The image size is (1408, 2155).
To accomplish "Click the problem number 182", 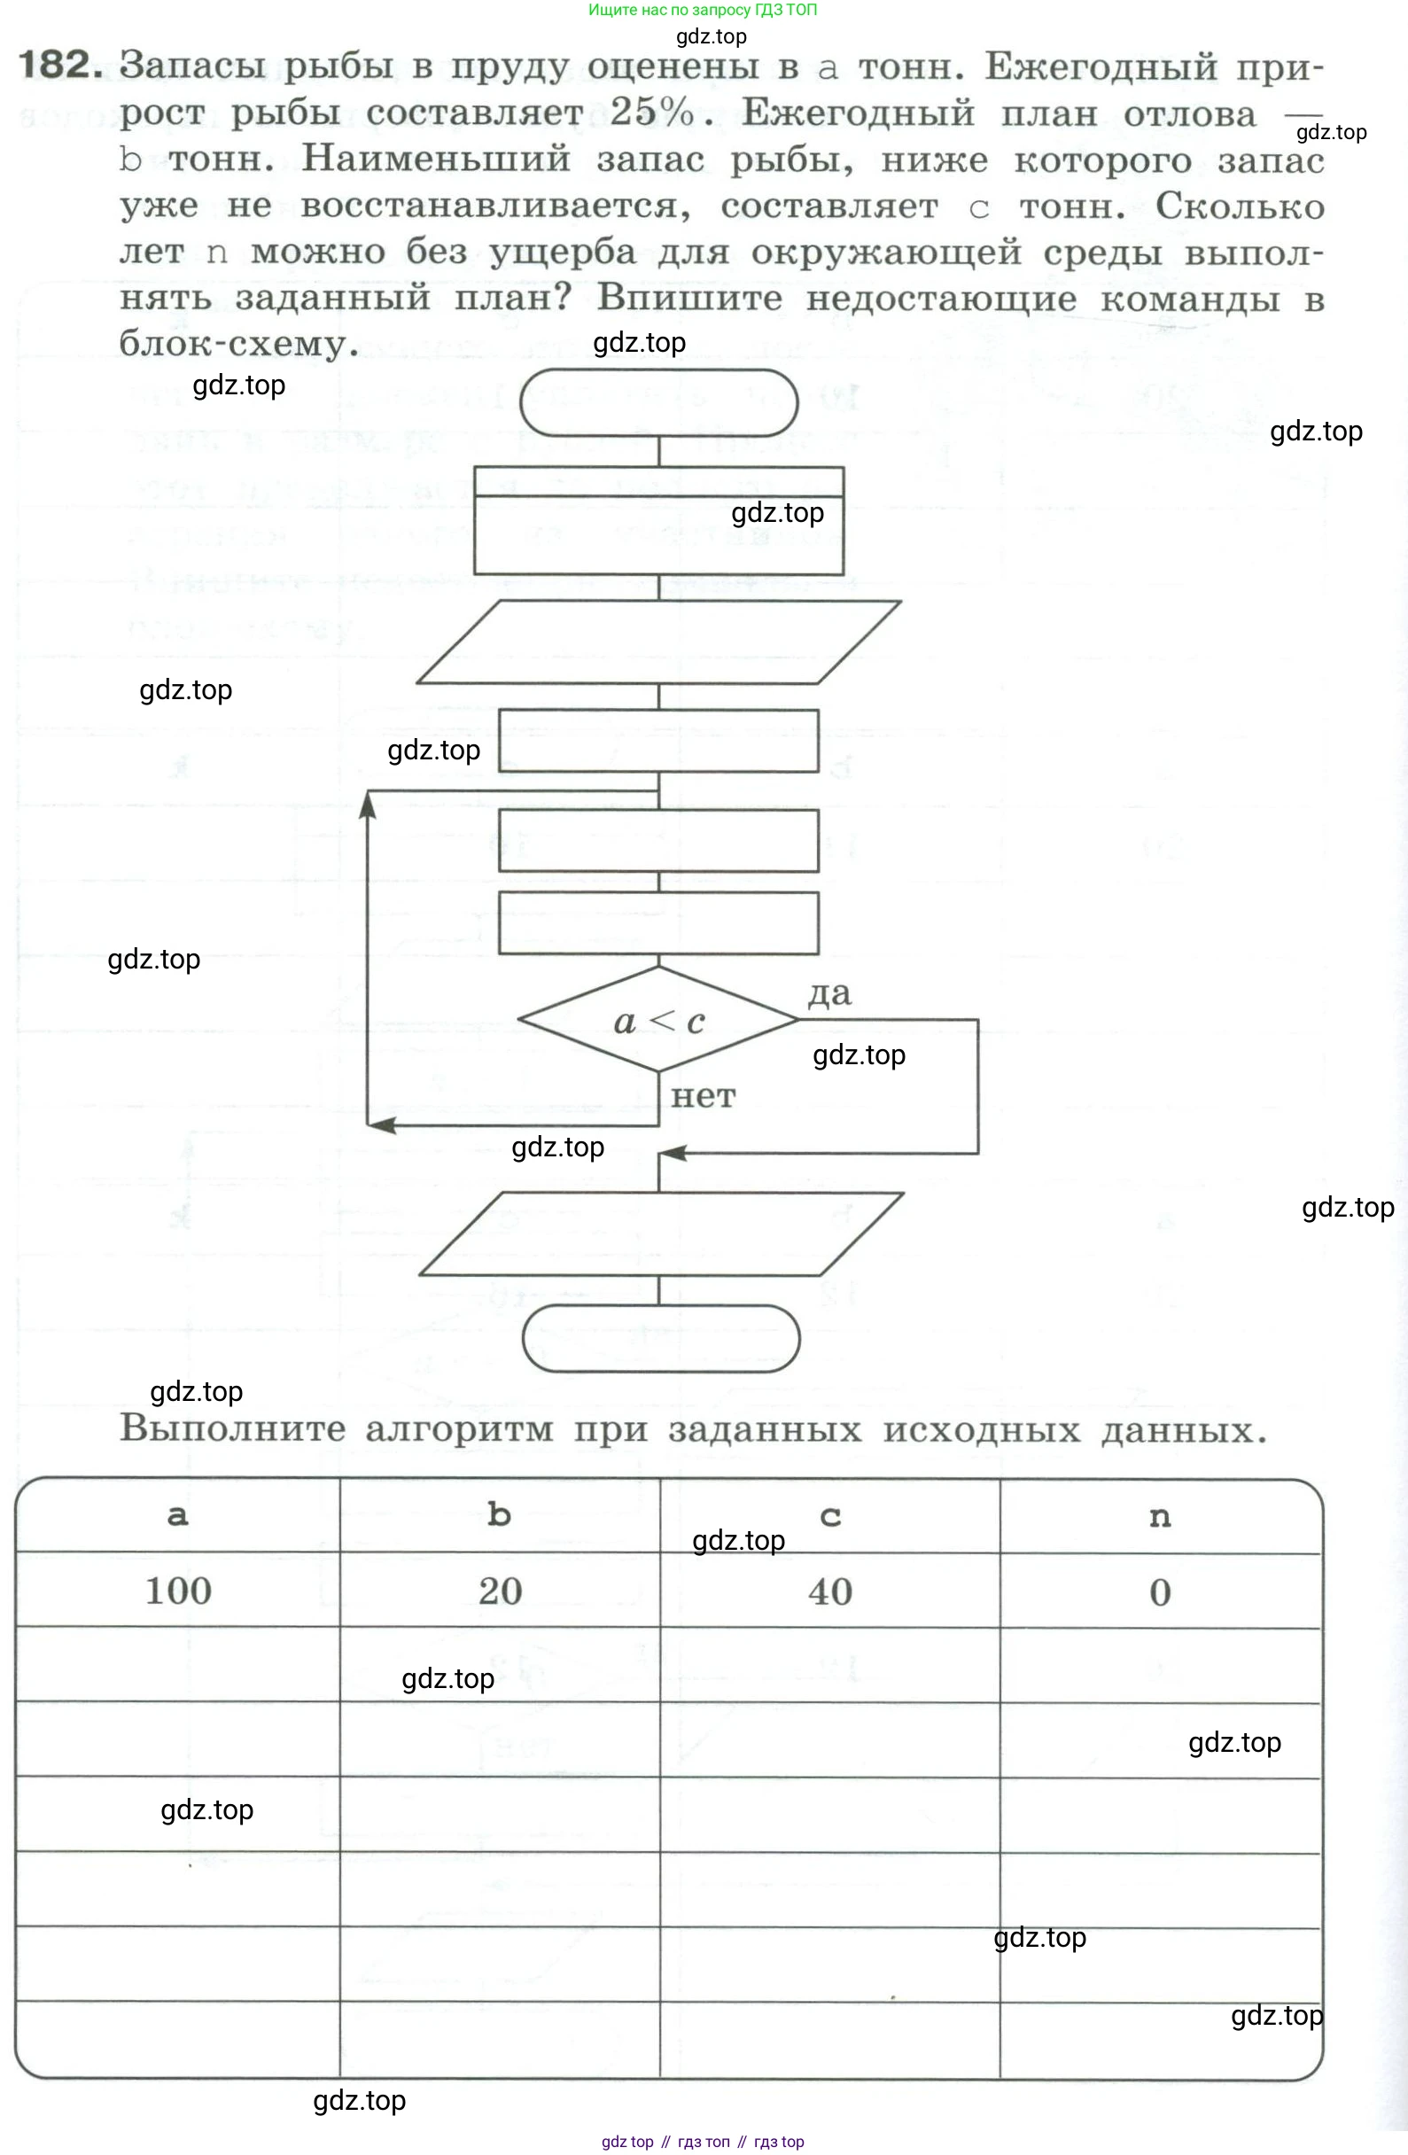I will pyautogui.click(x=59, y=66).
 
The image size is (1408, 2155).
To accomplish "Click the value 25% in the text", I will pyautogui.click(x=652, y=113).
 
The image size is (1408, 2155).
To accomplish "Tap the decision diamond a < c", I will pyautogui.click(x=658, y=1021).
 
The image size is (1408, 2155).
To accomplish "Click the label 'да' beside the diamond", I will pyautogui.click(x=829, y=993).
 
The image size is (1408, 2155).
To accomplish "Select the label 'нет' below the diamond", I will pyautogui.click(x=703, y=1096).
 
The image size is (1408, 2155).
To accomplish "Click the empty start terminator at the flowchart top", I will pyautogui.click(x=658, y=403).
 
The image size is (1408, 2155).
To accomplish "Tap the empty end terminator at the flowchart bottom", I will pyautogui.click(x=661, y=1338).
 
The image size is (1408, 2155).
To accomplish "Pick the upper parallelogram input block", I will pyautogui.click(x=658, y=642).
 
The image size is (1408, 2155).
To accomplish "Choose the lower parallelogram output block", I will pyautogui.click(x=661, y=1234).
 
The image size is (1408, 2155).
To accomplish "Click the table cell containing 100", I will pyautogui.click(x=178, y=1591).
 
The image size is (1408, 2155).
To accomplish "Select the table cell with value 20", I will pyautogui.click(x=500, y=1591).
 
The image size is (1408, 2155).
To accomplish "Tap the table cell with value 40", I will pyautogui.click(x=829, y=1591).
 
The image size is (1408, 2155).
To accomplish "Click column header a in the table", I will pyautogui.click(x=178, y=1516).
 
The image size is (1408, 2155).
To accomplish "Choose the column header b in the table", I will pyautogui.click(x=500, y=1516).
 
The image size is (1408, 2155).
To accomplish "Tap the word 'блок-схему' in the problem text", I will pyautogui.click(x=233, y=344).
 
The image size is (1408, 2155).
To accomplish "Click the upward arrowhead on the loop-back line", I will pyautogui.click(x=368, y=804).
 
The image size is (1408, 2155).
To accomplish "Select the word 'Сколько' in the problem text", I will pyautogui.click(x=1239, y=206).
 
